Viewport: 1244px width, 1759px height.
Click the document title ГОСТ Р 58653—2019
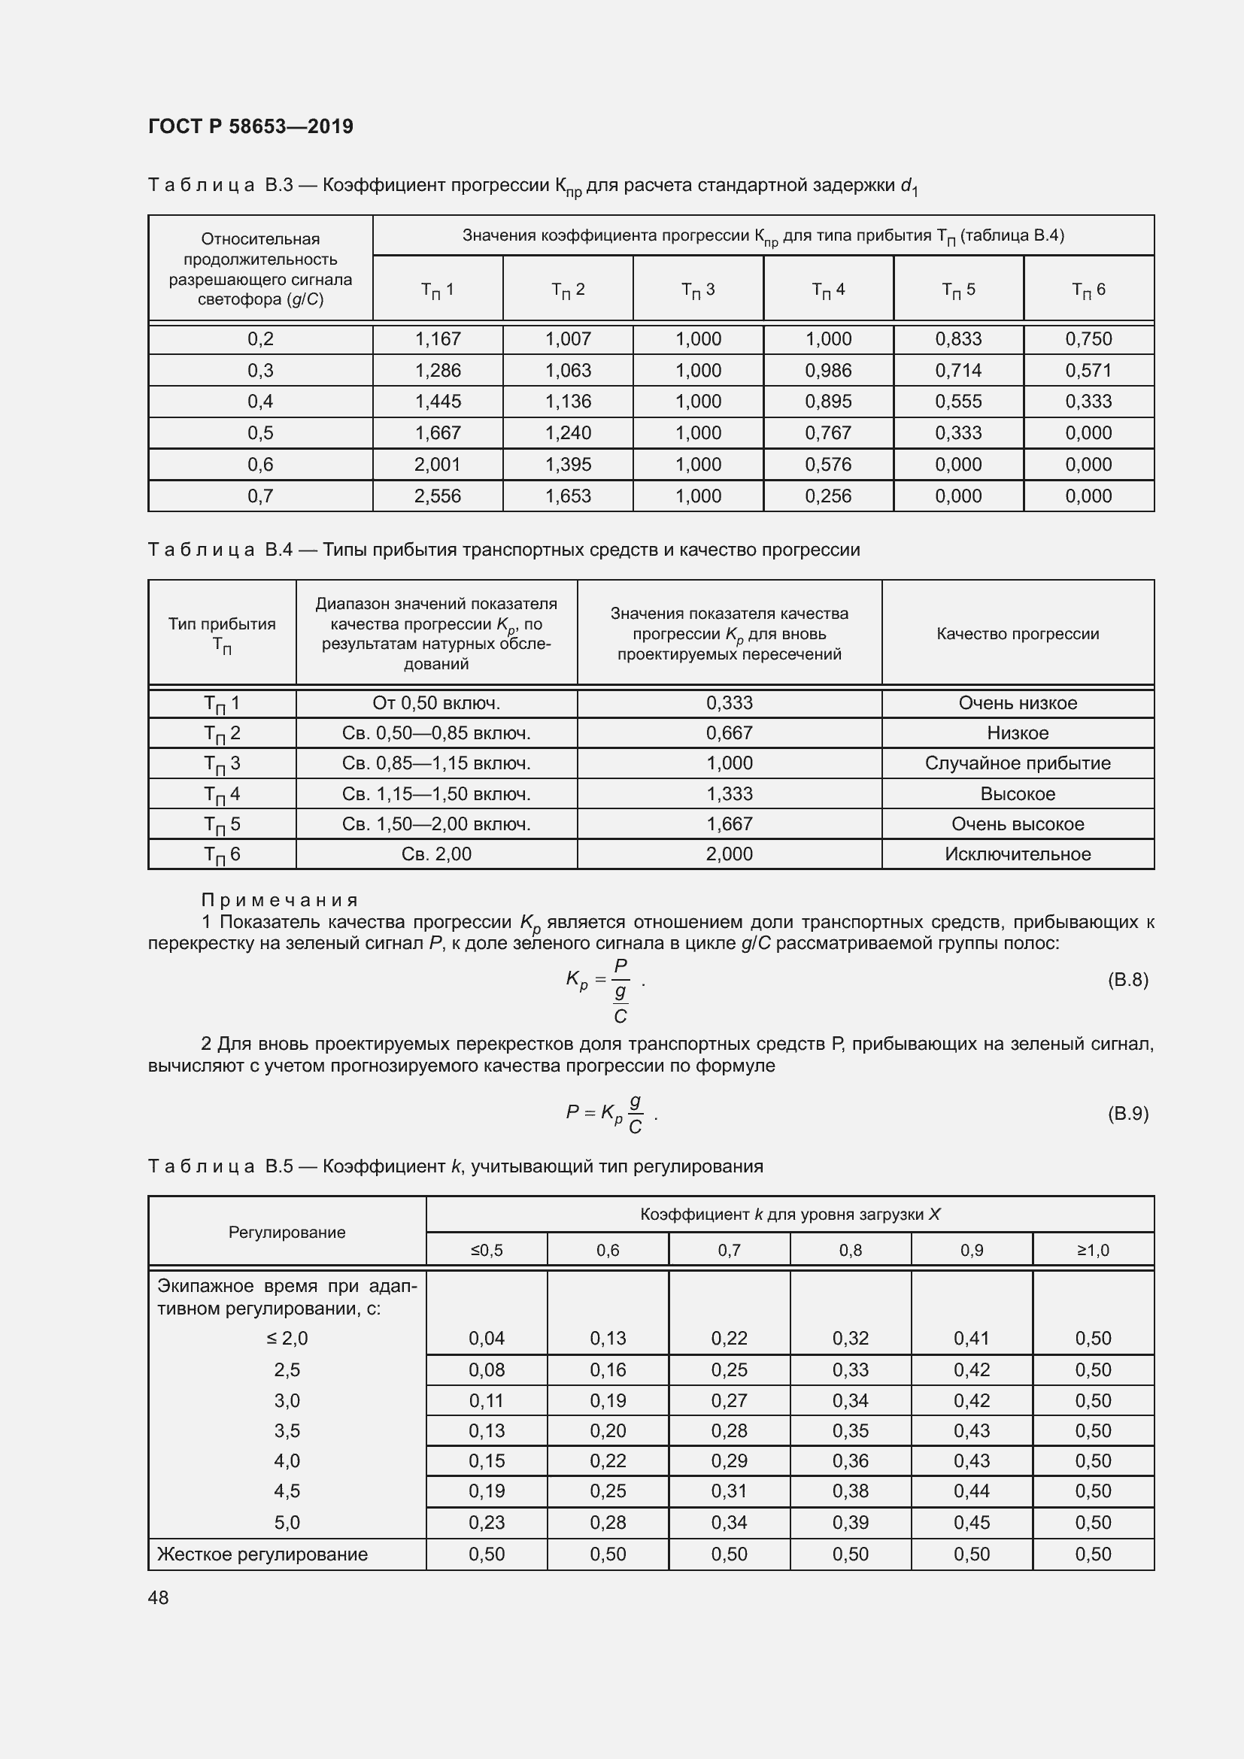(x=250, y=126)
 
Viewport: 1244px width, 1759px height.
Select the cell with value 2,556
(x=438, y=496)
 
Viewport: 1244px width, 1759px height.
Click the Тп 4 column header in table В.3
(x=828, y=290)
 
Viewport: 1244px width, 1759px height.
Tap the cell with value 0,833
(x=958, y=339)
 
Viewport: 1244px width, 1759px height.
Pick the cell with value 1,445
(x=438, y=402)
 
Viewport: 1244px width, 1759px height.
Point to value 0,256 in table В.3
(x=828, y=496)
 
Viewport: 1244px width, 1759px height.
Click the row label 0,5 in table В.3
(x=260, y=433)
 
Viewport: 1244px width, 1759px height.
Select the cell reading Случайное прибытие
(x=1018, y=763)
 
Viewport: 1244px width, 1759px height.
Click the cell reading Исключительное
(x=1018, y=854)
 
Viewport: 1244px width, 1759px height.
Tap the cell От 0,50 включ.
(x=436, y=703)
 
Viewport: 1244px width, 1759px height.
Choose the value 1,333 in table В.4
(x=730, y=793)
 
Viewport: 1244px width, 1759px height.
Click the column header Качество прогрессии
(x=1018, y=633)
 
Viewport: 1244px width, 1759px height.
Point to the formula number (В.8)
(x=1127, y=980)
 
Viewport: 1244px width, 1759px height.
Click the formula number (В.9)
(x=1127, y=1113)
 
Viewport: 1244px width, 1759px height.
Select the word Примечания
(x=280, y=900)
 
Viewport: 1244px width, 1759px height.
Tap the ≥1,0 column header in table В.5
(x=1093, y=1251)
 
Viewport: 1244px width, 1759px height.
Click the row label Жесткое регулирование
(x=262, y=1554)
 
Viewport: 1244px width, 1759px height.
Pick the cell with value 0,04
(x=487, y=1339)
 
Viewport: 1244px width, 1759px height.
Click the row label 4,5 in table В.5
(x=287, y=1491)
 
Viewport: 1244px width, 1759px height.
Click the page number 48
(x=159, y=1598)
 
